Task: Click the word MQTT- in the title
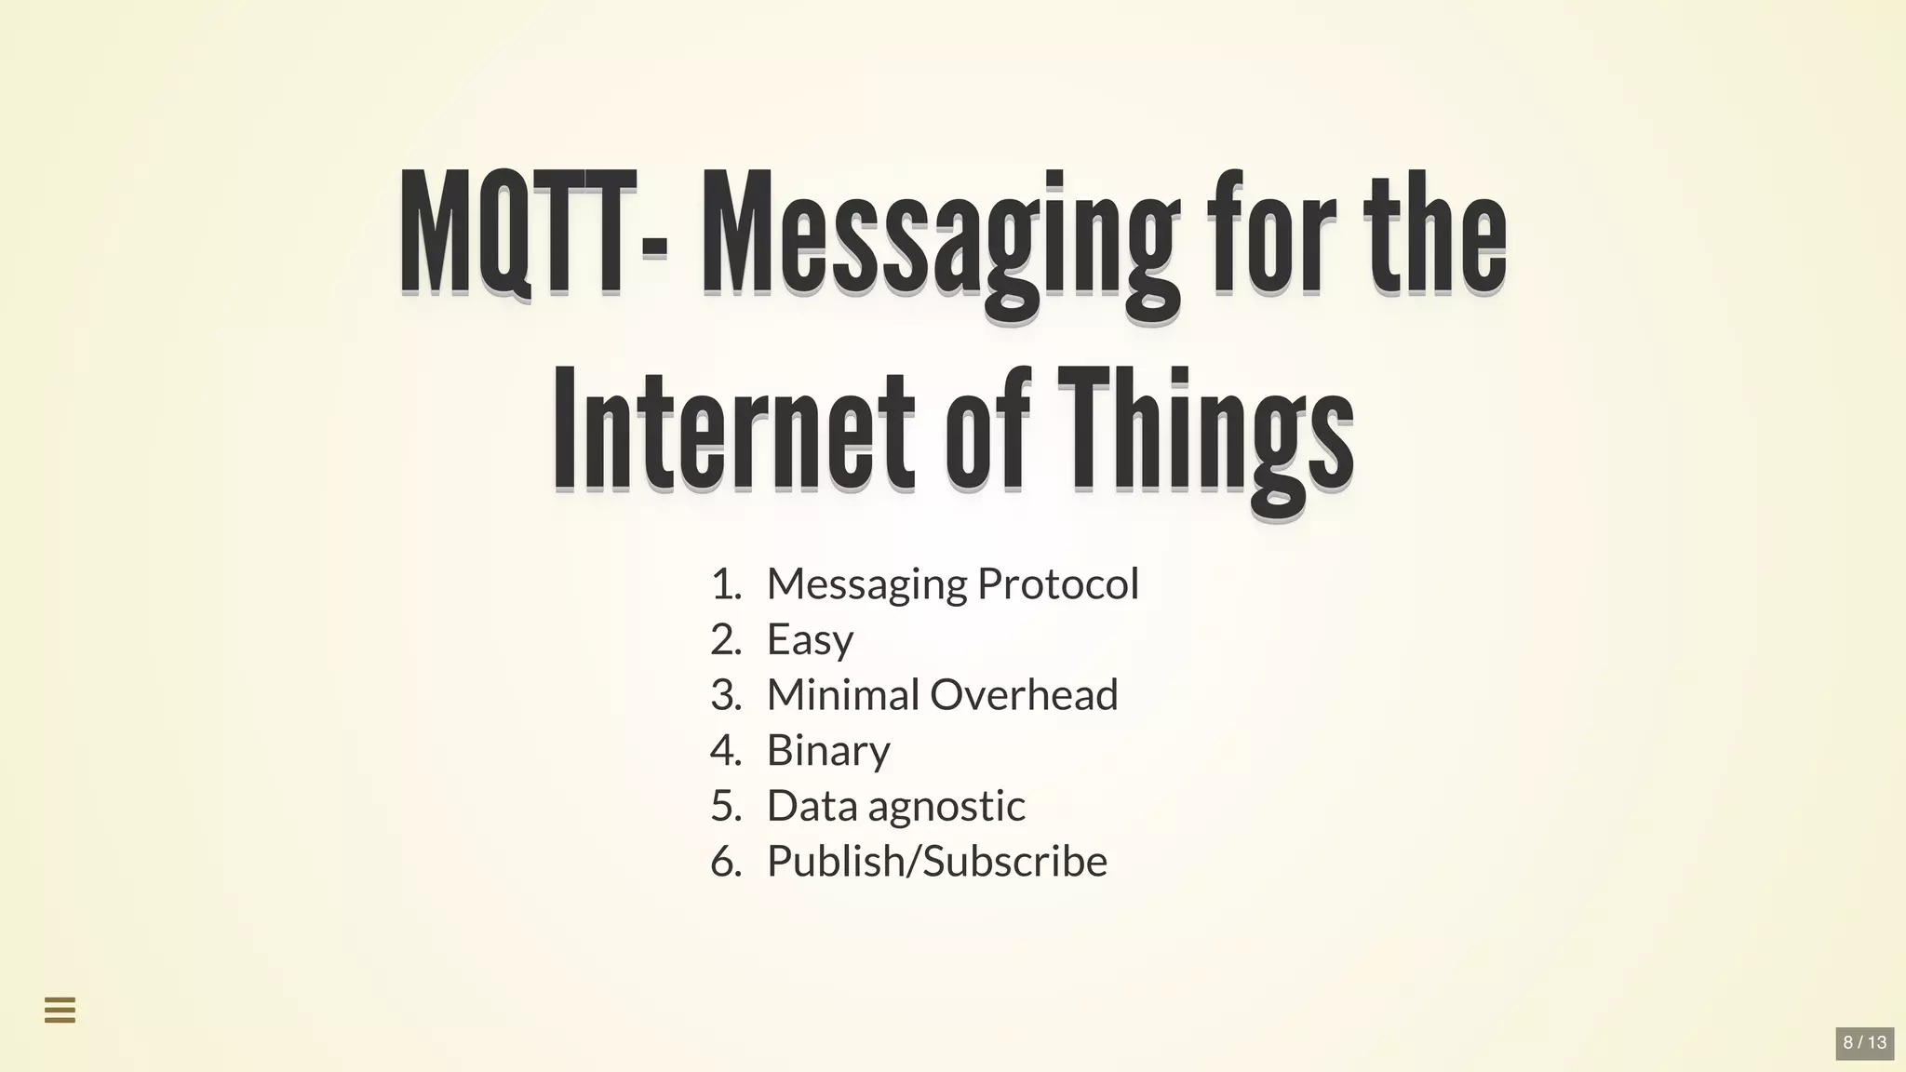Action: [532, 233]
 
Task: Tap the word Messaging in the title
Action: [940, 237]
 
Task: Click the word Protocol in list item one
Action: [1058, 584]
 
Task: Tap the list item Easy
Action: [810, 640]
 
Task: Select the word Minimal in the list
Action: [842, 695]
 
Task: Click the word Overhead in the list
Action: [1024, 695]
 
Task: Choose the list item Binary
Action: [828, 751]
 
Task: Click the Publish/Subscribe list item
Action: [937, 862]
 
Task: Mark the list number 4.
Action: [725, 751]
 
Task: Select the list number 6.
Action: [725, 862]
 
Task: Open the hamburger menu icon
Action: [60, 1010]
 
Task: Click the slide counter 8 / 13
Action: [1865, 1042]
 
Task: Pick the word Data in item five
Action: [812, 806]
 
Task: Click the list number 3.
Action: [725, 695]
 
